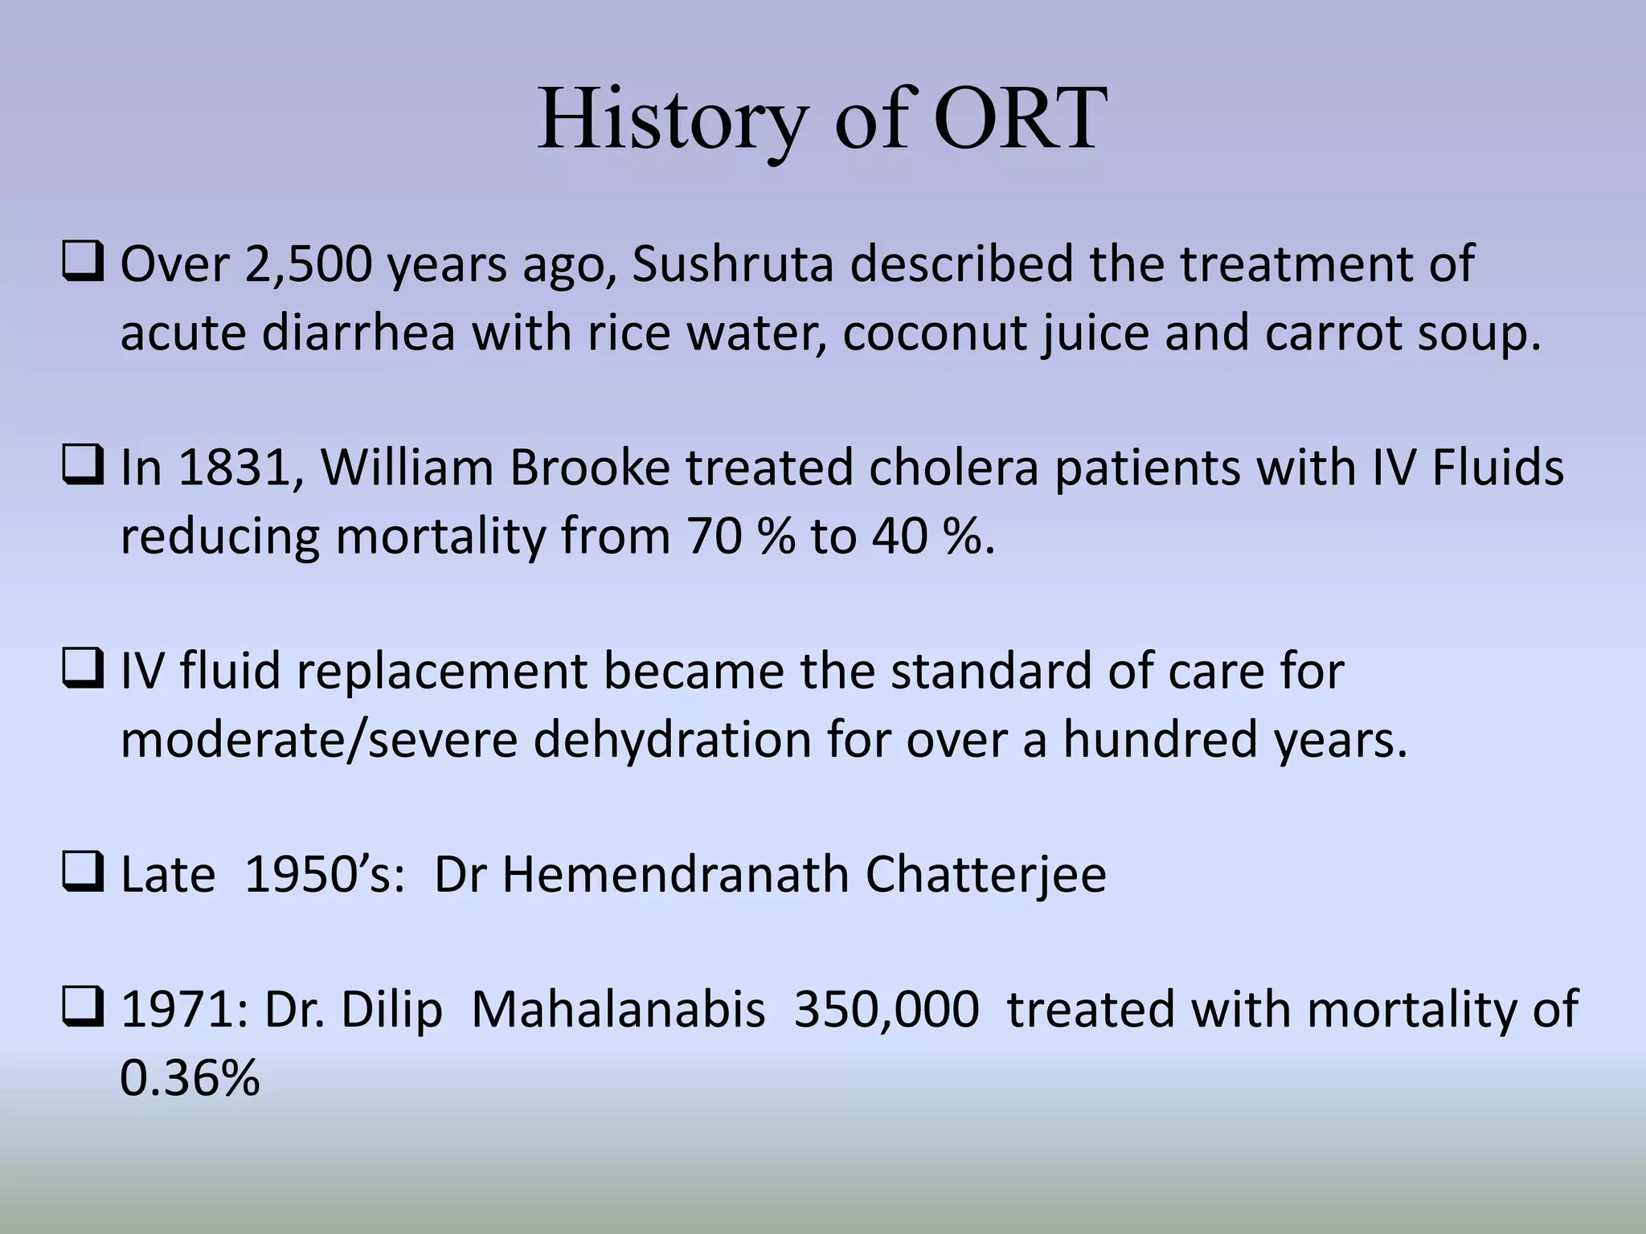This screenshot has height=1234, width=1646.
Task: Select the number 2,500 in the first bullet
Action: pyautogui.click(x=309, y=265)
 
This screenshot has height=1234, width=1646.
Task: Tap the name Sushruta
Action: pyautogui.click(x=732, y=265)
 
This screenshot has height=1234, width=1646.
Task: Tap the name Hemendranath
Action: pyautogui.click(x=675, y=875)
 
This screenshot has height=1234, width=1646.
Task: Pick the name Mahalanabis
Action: pyautogui.click(x=618, y=1010)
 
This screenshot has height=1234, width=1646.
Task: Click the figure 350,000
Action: pyautogui.click(x=886, y=1010)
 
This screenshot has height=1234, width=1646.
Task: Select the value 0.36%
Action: pyautogui.click(x=190, y=1078)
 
